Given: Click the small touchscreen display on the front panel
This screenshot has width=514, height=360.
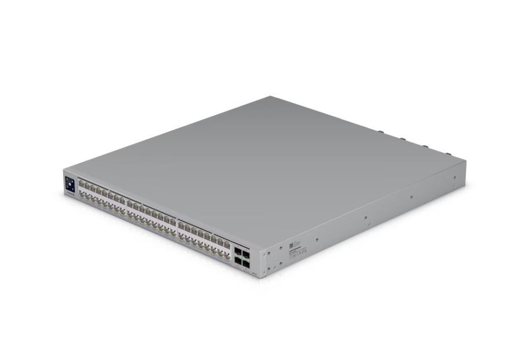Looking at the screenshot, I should coord(70,185).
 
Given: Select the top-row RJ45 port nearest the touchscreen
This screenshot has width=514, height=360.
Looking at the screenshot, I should coord(82,185).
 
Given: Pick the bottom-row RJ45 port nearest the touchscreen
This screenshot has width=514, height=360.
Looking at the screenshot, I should coord(82,196).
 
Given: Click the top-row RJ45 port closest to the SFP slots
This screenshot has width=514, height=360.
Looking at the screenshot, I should coord(227,244).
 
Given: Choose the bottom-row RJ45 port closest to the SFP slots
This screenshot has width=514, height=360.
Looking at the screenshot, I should coord(227,255).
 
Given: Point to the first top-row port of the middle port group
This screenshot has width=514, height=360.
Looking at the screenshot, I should coord(130,204).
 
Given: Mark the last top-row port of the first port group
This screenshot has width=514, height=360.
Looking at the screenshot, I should coord(122,200).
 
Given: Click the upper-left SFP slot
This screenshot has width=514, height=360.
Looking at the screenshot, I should coord(238,251).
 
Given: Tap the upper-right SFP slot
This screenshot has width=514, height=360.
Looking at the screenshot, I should coord(247,254).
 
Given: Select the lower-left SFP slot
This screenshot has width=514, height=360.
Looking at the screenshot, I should coord(238,260).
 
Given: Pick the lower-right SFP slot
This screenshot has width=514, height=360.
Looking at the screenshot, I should coord(247,264).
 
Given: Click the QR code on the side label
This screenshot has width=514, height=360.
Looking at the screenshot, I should coord(284,245).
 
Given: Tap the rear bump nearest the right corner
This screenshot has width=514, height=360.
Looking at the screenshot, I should coord(448,153).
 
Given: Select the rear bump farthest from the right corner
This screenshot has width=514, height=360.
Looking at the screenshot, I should coord(381,132).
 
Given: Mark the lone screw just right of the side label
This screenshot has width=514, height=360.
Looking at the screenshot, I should coord(317,239).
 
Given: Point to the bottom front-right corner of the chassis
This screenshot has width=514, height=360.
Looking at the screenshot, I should coord(260,277).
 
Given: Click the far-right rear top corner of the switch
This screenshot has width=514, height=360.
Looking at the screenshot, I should coord(465,161).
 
